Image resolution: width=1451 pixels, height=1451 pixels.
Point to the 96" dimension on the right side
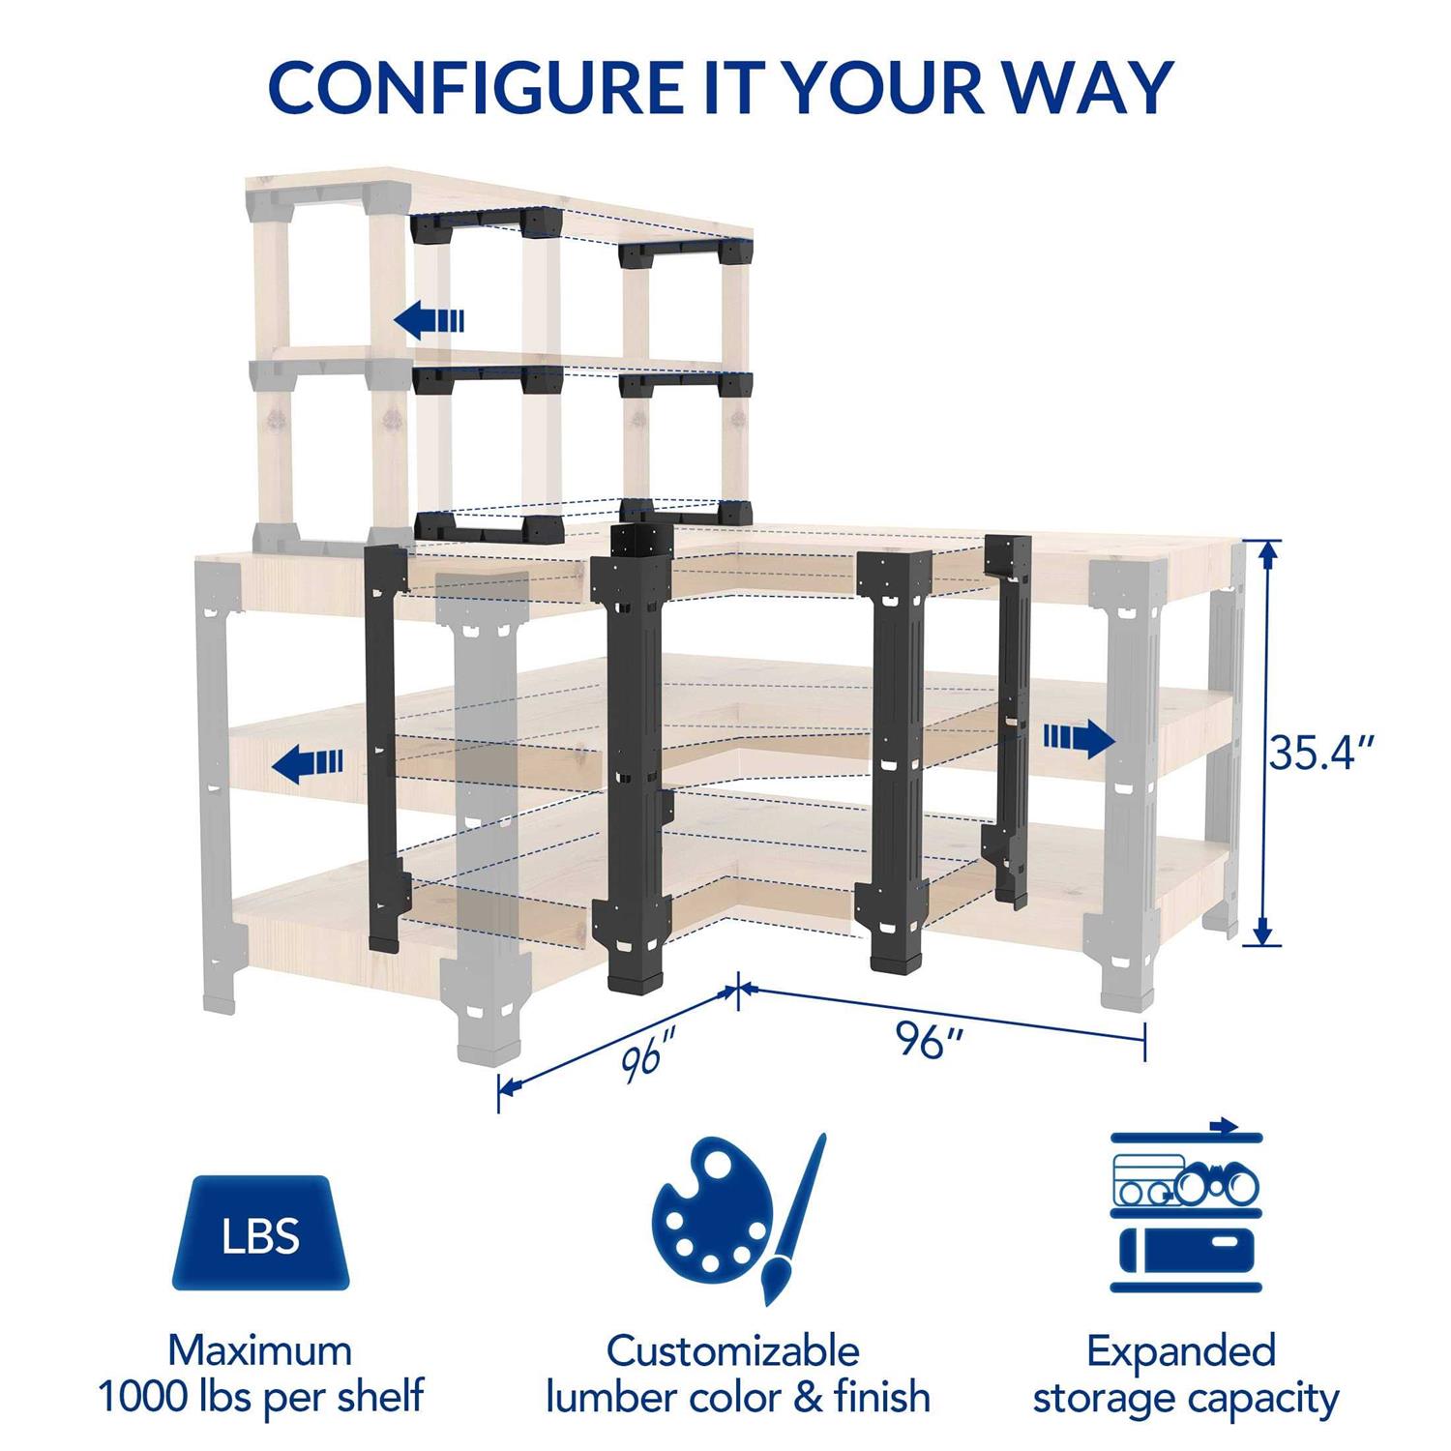coord(929,1040)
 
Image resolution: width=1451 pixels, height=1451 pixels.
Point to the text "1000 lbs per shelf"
coord(261,1397)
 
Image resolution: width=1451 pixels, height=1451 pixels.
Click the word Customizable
coord(733,1350)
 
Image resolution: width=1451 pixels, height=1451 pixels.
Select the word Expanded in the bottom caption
coord(1181,1350)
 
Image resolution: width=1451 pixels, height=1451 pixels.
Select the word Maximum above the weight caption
coord(261,1349)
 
